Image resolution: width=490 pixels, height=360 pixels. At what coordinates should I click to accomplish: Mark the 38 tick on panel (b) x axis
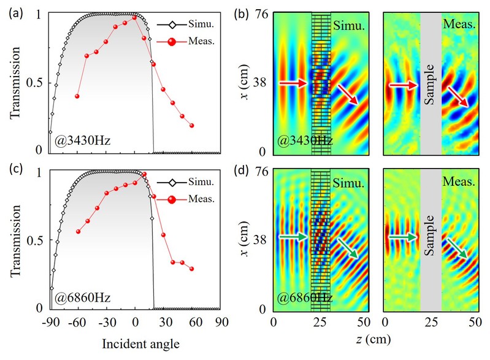pos(259,83)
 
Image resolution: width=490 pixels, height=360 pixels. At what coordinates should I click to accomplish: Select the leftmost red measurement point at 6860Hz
pos(77,231)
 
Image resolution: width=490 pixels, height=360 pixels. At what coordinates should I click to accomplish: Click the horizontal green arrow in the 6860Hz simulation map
pos(291,237)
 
